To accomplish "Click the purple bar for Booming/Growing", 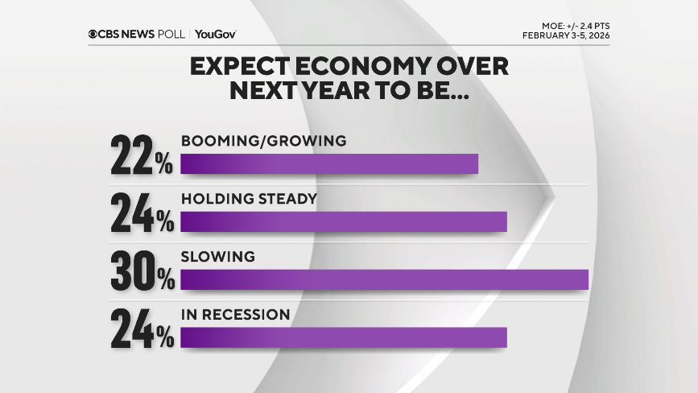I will (329, 164).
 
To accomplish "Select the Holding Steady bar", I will (344, 221).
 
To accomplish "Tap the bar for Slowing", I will (385, 279).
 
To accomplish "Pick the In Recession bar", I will (344, 337).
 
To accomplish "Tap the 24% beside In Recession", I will (142, 328).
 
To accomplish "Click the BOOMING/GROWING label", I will (263, 141).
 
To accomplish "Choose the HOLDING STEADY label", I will (248, 198).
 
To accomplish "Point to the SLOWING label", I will (217, 257).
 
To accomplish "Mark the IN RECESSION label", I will (234, 314).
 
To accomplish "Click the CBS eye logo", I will (93, 34).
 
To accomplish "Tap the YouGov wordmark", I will (215, 34).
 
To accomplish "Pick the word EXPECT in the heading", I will (239, 67).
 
